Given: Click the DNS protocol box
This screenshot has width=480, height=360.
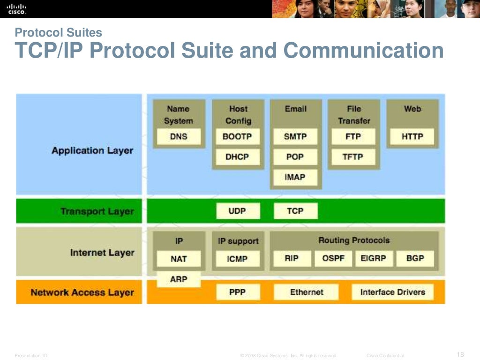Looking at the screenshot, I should (179, 137).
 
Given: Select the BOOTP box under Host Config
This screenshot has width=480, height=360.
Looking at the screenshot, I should (237, 137).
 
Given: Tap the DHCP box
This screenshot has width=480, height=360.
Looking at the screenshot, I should (237, 157).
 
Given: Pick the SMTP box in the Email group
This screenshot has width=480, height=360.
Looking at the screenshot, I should (295, 137).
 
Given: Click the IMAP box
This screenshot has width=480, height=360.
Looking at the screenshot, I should (295, 177).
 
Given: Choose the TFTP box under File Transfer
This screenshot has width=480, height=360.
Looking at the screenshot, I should (353, 157).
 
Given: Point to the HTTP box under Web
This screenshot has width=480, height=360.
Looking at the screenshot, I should (412, 137).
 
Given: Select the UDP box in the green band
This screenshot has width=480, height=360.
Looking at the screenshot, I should (237, 211).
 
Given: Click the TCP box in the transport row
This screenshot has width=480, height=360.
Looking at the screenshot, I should (295, 211).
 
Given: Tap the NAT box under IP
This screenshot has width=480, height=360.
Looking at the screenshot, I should (179, 259).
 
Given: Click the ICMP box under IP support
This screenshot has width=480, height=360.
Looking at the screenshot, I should (237, 259).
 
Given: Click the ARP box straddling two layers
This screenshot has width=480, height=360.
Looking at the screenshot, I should (179, 279).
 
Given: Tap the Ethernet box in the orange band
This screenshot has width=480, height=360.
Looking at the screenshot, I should (307, 292).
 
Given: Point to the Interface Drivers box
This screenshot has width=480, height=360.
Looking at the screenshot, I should (392, 292).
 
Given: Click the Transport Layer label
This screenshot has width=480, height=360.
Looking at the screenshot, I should (97, 211).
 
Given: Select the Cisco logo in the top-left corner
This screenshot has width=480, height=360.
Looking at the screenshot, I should (16, 9).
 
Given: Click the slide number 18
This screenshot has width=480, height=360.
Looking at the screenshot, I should (460, 354).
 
